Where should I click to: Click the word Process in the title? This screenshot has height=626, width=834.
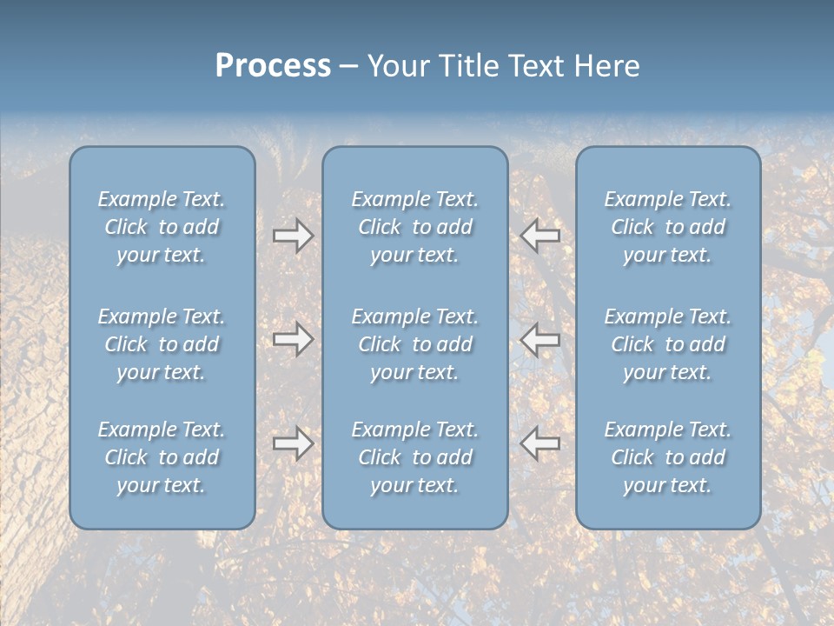(x=273, y=66)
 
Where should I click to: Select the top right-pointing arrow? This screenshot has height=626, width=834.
(x=293, y=236)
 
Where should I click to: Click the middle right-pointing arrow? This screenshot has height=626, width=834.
(x=293, y=338)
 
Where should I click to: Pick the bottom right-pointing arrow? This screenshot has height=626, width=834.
(x=293, y=443)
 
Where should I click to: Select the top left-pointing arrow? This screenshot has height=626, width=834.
(x=540, y=236)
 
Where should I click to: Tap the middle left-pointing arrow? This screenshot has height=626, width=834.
(x=540, y=338)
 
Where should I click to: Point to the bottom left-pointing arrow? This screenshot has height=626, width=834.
(x=540, y=443)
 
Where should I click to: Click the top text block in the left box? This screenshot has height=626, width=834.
(x=162, y=227)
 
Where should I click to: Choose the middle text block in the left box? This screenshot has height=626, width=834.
(x=162, y=344)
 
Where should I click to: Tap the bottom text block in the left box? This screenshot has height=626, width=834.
(x=162, y=457)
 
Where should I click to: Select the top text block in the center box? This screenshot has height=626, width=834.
(x=415, y=227)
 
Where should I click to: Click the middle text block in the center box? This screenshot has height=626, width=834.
(x=415, y=344)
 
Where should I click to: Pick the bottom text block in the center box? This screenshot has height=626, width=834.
(x=415, y=457)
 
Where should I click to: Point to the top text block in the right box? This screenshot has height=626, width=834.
(x=668, y=227)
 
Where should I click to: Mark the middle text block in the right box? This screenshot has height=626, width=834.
(x=668, y=344)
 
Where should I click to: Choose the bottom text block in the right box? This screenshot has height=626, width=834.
(x=668, y=457)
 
